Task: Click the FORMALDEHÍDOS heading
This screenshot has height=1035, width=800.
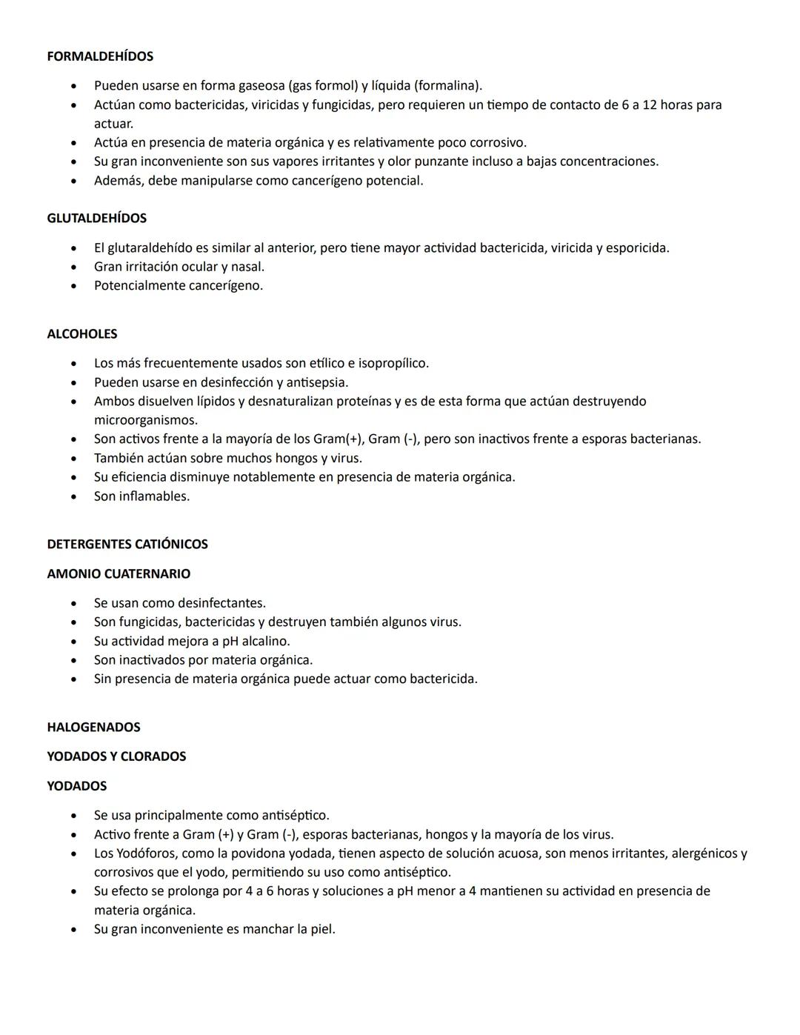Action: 100,56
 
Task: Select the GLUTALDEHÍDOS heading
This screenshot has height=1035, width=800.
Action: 96,219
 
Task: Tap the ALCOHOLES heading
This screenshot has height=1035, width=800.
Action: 82,334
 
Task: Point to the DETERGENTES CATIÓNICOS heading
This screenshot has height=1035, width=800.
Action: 127,545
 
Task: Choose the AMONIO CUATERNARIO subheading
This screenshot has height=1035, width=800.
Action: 119,574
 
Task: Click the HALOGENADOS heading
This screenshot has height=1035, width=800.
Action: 93,728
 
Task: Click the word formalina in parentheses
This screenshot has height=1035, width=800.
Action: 448,86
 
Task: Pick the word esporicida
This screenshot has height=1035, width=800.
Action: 637,248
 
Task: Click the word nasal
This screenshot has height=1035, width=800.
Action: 247,267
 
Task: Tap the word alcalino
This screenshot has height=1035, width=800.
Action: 265,642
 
